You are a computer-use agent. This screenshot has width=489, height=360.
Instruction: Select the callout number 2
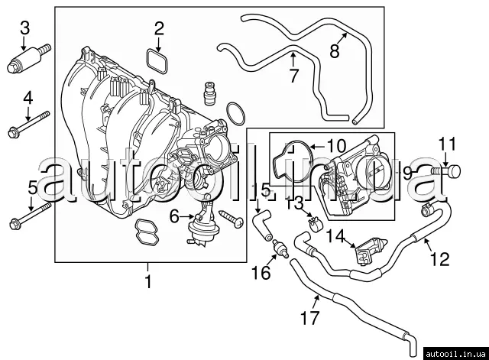(159, 30)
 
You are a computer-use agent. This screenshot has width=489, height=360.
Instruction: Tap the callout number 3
(24, 28)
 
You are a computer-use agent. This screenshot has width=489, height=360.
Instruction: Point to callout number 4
(28, 98)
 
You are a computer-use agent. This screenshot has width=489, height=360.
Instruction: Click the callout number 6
(174, 217)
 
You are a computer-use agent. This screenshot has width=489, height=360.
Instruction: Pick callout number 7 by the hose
(293, 75)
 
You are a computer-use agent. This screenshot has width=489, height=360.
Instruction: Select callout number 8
(334, 51)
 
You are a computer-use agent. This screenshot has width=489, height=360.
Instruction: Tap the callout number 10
(336, 144)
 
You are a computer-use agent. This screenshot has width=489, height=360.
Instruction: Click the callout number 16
(261, 273)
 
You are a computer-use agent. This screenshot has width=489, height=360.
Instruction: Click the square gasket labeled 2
(157, 61)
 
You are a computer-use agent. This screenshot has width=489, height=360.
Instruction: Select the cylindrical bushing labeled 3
(24, 60)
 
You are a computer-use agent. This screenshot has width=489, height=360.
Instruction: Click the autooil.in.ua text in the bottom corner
(455, 352)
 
